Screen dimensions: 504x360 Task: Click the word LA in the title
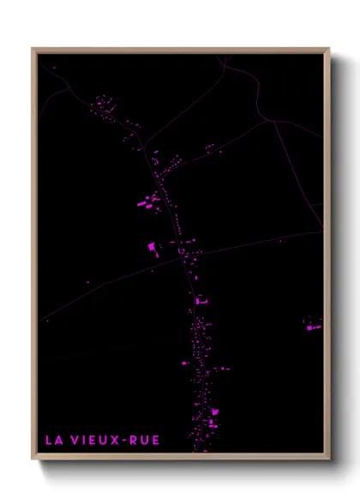pyautogui.click(x=53, y=441)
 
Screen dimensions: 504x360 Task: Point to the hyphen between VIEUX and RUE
pyautogui.click(x=125, y=441)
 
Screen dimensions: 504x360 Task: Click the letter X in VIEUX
pyautogui.click(x=116, y=441)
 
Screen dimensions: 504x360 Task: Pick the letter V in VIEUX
pyautogui.click(x=75, y=441)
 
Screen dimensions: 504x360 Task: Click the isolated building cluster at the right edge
pyautogui.click(x=314, y=326)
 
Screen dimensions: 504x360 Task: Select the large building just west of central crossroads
pyautogui.click(x=153, y=247)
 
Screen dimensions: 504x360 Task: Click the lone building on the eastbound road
pyautogui.click(x=280, y=241)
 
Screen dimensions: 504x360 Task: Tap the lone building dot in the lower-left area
pyautogui.click(x=48, y=321)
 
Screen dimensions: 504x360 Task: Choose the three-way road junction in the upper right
pyautogui.click(x=272, y=121)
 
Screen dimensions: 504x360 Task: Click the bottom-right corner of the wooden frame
pyautogui.click(x=328, y=459)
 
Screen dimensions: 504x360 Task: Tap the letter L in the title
pyautogui.click(x=49, y=441)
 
